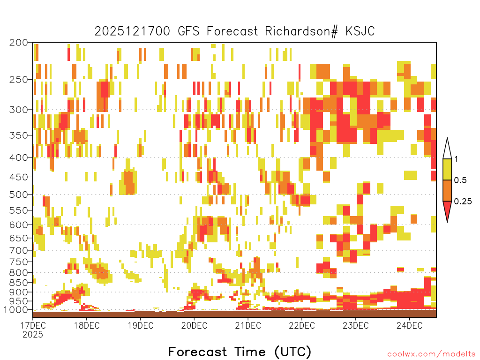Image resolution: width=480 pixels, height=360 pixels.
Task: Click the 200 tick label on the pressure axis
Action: click(x=18, y=43)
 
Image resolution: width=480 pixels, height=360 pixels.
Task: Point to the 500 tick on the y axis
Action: click(x=18, y=195)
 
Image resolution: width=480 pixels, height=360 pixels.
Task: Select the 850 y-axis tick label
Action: click(x=18, y=283)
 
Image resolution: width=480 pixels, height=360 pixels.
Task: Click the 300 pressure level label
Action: click(x=18, y=110)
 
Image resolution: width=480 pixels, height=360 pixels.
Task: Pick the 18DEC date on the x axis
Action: click(x=87, y=325)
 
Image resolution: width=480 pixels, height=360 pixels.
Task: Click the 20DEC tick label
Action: click(x=194, y=325)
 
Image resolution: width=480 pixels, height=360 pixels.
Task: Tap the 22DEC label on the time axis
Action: click(x=302, y=325)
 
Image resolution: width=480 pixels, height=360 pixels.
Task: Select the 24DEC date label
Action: click(x=410, y=325)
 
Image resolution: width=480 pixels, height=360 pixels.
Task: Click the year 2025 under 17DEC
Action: click(x=33, y=335)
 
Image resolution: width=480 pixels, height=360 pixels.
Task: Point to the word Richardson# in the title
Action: click(x=301, y=31)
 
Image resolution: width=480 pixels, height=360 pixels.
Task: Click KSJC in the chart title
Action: click(x=360, y=31)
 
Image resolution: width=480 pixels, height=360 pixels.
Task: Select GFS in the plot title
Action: click(x=188, y=31)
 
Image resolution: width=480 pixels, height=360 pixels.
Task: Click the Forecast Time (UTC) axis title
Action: click(x=240, y=352)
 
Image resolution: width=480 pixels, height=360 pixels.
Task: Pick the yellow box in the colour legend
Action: click(x=447, y=169)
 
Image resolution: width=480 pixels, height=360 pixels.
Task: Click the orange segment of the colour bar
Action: click(x=447, y=190)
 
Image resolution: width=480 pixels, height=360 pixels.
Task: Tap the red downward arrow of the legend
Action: click(x=447, y=210)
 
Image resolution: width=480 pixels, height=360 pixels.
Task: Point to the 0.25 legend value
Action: click(x=463, y=202)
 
